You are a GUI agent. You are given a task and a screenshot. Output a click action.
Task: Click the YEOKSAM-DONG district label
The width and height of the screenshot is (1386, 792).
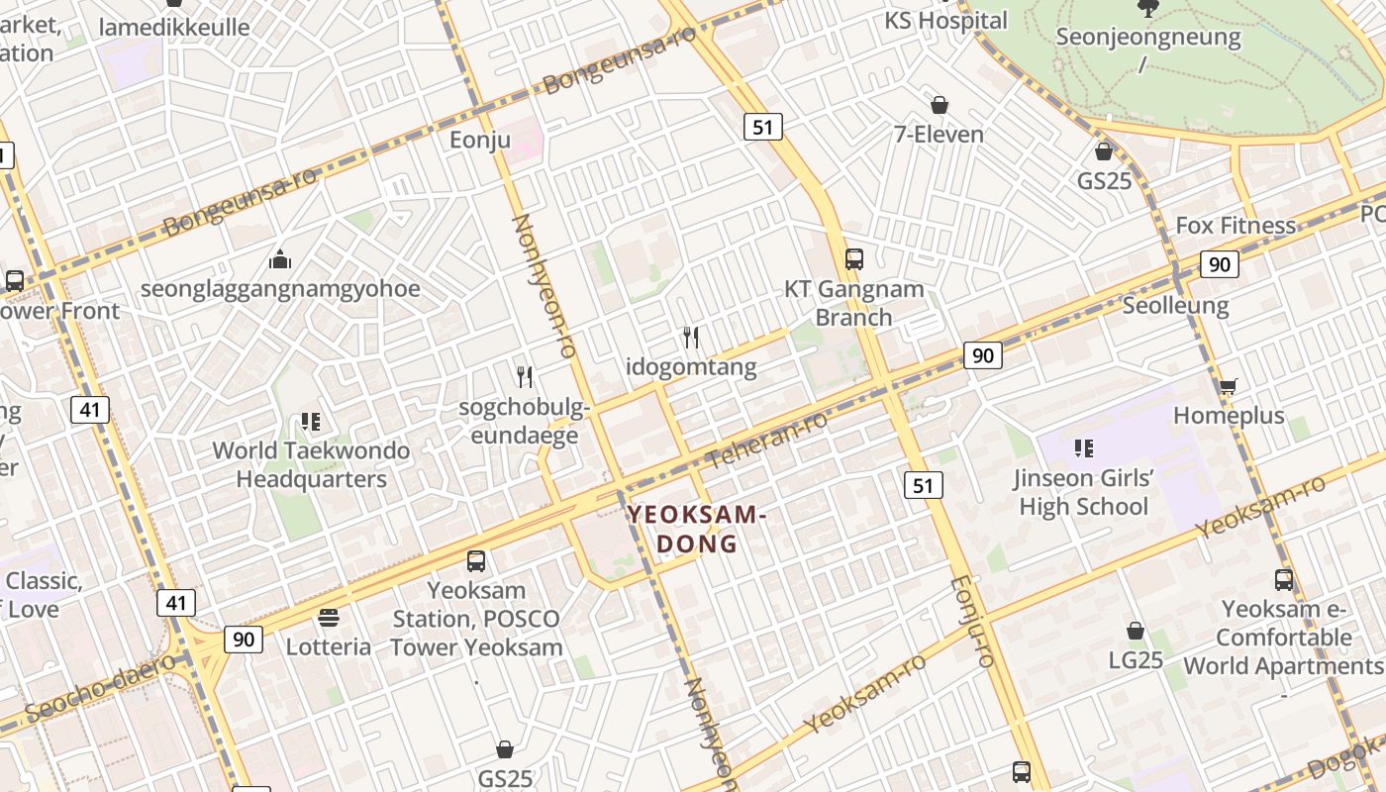[x=697, y=529]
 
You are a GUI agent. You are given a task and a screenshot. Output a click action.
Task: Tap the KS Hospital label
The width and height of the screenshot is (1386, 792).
[x=945, y=20]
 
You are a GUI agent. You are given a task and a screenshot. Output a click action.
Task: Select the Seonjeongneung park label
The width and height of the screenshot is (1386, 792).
[x=1147, y=38]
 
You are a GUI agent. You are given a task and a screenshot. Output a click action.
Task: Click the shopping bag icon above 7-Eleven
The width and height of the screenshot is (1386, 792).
[x=939, y=105]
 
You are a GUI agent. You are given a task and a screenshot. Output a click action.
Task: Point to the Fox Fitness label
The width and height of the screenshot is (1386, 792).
[x=1235, y=226]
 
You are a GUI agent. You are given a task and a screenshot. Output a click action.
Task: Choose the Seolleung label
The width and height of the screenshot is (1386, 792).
[x=1175, y=305]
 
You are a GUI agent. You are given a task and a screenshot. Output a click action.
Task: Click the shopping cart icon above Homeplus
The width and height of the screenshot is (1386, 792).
[x=1228, y=386]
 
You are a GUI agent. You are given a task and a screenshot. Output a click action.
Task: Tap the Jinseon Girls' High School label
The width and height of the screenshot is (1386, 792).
[x=1083, y=493]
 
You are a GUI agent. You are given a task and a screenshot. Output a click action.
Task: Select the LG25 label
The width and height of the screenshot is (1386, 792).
[x=1135, y=659]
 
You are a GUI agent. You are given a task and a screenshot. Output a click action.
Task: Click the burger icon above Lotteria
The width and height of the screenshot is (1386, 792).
[x=329, y=619]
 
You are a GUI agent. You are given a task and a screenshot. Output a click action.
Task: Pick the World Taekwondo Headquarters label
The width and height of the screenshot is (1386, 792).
[x=311, y=465]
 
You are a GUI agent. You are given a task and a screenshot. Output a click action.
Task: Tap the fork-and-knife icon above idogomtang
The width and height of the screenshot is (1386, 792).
[x=691, y=338]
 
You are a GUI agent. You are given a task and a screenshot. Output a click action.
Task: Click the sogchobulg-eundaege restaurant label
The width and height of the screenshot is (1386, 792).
[x=525, y=421]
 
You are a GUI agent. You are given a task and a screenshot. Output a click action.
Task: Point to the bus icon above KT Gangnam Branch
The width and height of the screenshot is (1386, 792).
[x=853, y=259]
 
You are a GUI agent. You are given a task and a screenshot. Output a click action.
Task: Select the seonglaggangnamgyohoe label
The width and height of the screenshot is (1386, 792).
[x=280, y=289]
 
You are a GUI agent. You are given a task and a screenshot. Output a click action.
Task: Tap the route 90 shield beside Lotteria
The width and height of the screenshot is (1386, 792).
[x=244, y=639]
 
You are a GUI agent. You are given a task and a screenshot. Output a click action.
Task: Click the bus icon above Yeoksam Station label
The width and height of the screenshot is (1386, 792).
[x=476, y=561]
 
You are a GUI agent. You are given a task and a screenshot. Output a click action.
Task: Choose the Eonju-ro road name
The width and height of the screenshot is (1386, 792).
[x=971, y=621]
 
